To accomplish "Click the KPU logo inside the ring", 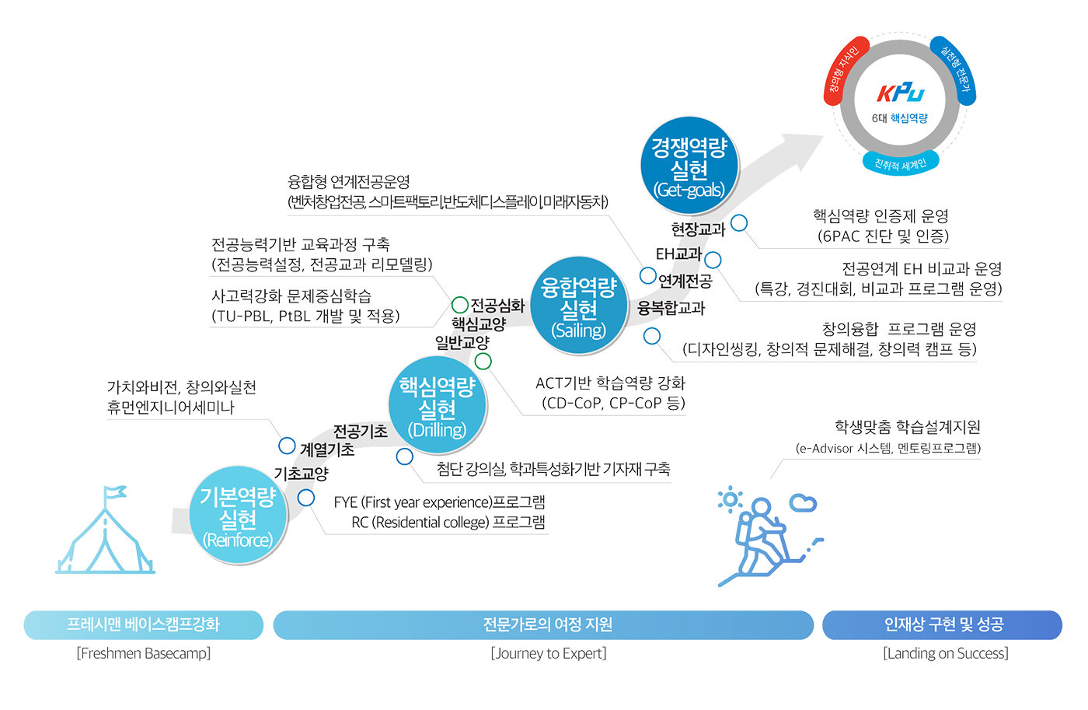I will click(x=901, y=93).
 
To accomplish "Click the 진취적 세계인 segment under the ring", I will click(x=901, y=163).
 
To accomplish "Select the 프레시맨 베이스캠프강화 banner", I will click(x=144, y=624).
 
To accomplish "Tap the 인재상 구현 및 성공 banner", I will click(x=943, y=624).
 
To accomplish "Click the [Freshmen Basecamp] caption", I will click(x=144, y=653).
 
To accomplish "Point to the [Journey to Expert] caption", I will click(x=547, y=653).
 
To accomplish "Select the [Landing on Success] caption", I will click(x=944, y=653).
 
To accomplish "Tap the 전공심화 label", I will click(x=497, y=305).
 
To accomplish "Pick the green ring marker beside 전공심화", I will click(x=460, y=306).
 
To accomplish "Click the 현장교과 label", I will click(x=699, y=229).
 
